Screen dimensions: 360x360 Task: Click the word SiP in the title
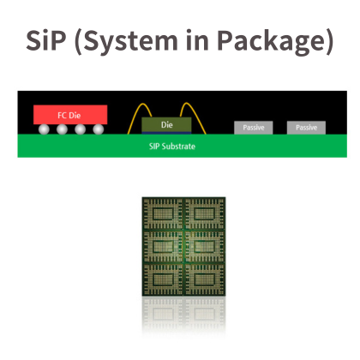pos(46,40)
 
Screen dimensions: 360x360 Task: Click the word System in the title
pos(127,42)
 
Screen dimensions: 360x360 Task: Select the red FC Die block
pos(70,115)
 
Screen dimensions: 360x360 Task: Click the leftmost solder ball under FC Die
pos(44,129)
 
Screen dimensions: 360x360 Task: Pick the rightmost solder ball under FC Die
pos(99,129)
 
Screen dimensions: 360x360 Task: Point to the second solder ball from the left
pos(62,129)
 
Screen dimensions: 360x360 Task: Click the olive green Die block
pos(166,124)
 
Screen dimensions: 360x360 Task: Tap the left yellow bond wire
pos(136,112)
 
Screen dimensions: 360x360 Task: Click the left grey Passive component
pos(254,128)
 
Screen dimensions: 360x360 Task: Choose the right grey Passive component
pos(306,128)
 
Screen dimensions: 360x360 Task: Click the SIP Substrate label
pos(172,147)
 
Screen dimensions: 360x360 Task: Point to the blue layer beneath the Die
pos(166,133)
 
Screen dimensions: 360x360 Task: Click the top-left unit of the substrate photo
pos(163,213)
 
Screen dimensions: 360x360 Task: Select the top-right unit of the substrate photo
pos(205,213)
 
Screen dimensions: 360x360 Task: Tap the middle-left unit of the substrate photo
pos(163,246)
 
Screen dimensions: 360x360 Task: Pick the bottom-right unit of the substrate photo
pos(205,279)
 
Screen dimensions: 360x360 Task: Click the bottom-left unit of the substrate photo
pos(163,279)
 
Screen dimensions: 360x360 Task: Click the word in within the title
pos(198,40)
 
